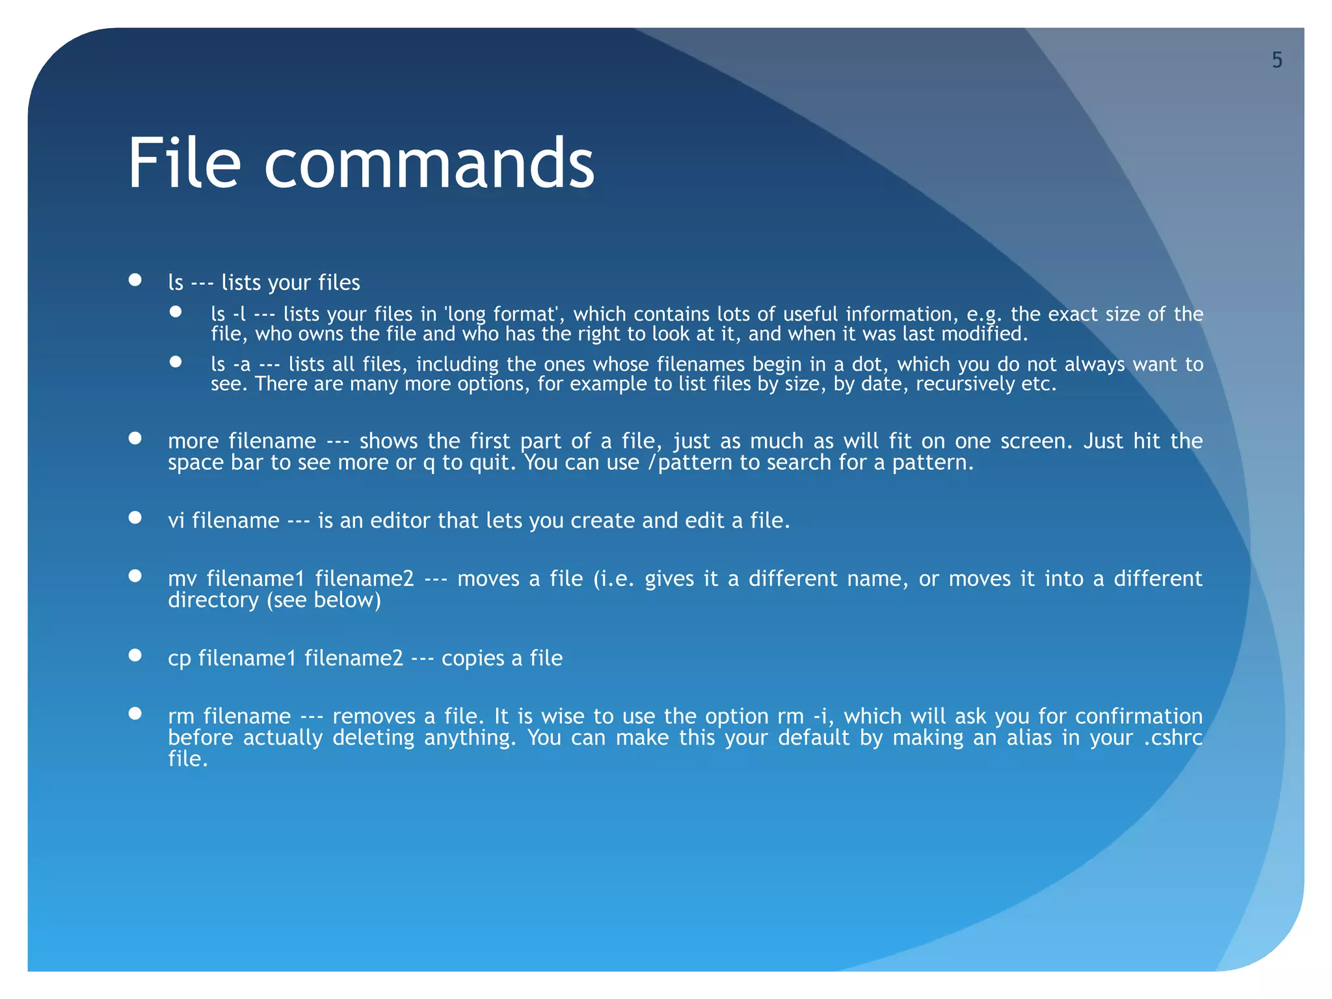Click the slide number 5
(x=1277, y=60)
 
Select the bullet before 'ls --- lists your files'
(x=135, y=280)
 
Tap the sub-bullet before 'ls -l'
(x=176, y=312)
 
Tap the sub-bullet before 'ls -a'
(x=176, y=362)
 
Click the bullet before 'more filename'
(x=135, y=438)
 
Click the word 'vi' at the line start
(x=176, y=521)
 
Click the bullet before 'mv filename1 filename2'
(x=135, y=576)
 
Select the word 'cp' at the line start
(x=180, y=659)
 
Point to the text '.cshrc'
(x=1173, y=738)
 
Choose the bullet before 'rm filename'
(x=135, y=714)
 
